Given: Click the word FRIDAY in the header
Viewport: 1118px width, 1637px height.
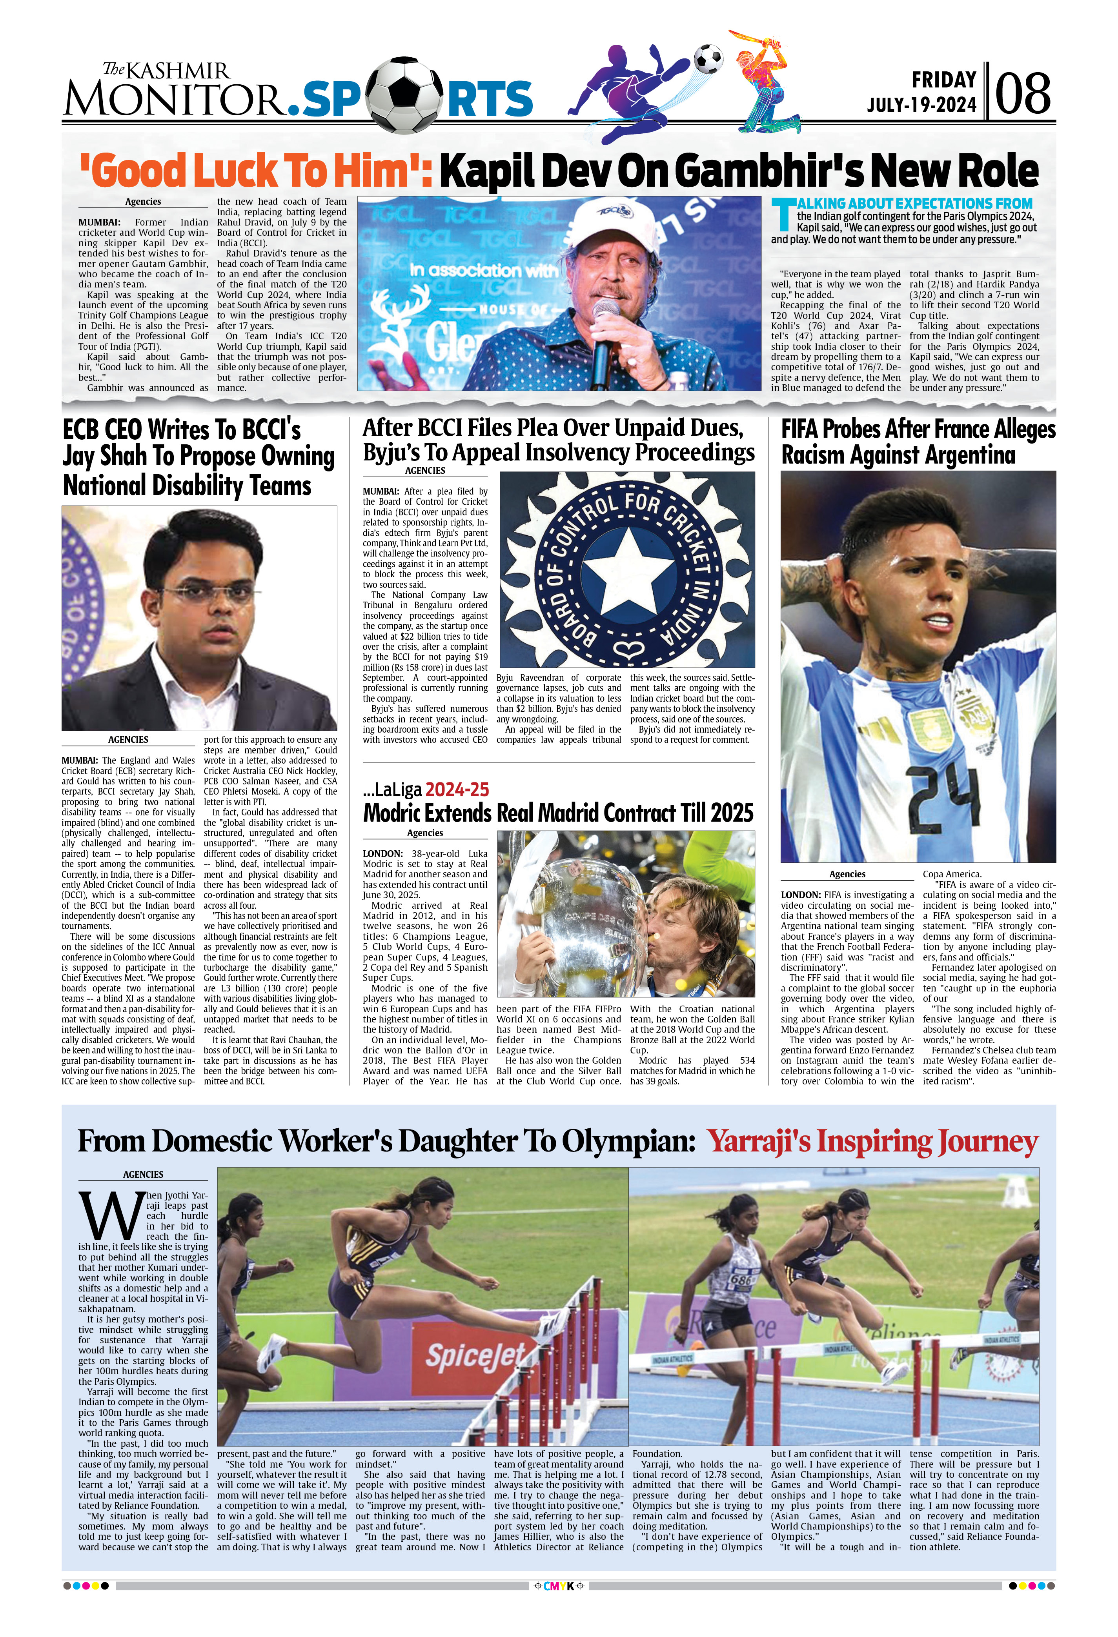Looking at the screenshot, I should pyautogui.click(x=943, y=80).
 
